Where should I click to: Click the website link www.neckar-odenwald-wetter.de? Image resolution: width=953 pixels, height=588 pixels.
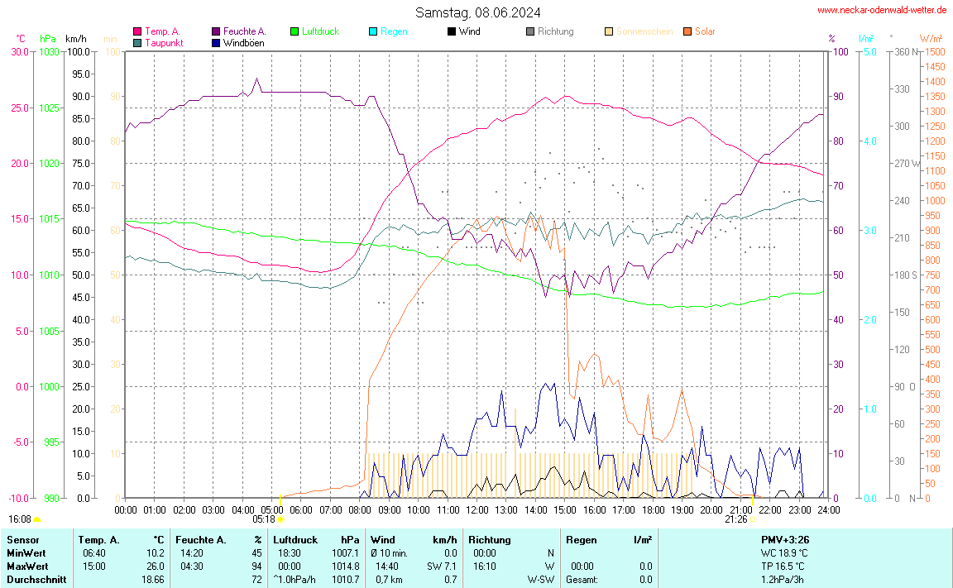pos(882,10)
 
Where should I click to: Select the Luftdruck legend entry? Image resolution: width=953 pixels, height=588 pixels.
pos(320,31)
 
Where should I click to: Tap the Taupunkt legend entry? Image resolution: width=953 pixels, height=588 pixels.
pos(164,42)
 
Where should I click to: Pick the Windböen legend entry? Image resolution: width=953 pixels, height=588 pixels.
pos(243,42)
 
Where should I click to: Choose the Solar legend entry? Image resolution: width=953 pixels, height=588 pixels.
pos(705,31)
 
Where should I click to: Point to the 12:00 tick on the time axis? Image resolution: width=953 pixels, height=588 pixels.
pos(476,509)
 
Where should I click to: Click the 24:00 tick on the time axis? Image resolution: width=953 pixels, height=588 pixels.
pos(828,509)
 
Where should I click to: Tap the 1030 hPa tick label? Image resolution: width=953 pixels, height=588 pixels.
pos(50,52)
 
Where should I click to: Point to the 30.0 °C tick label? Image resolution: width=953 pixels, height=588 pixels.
pos(20,52)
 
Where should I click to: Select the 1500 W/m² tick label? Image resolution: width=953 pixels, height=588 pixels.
pos(936,52)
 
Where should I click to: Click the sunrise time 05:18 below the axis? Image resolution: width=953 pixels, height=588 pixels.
pos(264,519)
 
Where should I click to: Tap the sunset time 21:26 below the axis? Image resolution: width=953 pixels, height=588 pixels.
pos(736,519)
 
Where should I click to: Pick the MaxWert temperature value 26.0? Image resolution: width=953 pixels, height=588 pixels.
pos(156,566)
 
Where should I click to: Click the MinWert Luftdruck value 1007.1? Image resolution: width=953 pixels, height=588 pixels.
pos(345,552)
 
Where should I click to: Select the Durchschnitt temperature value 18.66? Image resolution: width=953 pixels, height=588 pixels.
pos(153,580)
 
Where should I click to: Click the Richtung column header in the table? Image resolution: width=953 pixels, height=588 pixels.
pos(490,539)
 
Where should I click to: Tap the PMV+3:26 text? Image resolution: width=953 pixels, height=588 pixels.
pos(784,539)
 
